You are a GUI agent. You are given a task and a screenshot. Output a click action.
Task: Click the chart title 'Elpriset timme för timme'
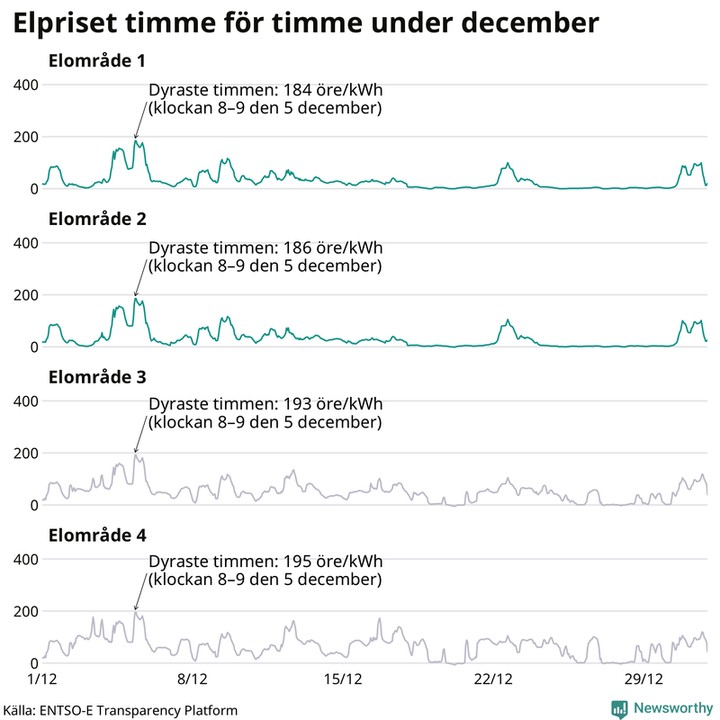(x=306, y=24)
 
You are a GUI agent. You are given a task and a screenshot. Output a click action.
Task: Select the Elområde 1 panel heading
(x=97, y=61)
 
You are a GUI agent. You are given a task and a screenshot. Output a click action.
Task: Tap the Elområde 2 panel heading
(x=97, y=220)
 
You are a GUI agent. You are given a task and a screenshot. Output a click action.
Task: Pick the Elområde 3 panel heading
(x=97, y=377)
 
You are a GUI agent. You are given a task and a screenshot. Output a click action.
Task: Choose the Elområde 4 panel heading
(x=97, y=535)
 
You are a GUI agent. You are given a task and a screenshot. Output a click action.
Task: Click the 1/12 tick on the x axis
(x=42, y=678)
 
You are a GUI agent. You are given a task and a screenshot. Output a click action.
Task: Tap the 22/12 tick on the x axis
(x=493, y=678)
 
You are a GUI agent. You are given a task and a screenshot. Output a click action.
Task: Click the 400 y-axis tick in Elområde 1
(x=25, y=85)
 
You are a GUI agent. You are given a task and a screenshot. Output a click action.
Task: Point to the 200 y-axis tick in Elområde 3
(x=25, y=453)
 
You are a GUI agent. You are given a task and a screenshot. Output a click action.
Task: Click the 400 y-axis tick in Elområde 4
(x=25, y=559)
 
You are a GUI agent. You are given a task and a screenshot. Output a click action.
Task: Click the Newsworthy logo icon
(x=619, y=708)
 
